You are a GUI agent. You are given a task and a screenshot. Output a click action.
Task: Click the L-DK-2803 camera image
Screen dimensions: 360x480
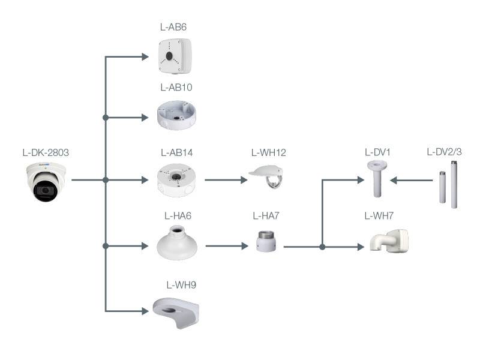pos(46,182)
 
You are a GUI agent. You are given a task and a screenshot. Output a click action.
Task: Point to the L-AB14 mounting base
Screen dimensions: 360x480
pos(176,179)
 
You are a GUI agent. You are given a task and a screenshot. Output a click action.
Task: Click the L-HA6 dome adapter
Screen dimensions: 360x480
pos(177,242)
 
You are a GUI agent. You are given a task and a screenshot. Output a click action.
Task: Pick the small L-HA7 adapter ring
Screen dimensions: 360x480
pos(265,241)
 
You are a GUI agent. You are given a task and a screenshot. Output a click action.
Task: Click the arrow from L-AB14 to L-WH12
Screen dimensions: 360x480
pos(227,179)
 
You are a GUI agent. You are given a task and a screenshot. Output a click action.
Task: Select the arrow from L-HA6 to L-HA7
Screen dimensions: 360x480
pos(227,245)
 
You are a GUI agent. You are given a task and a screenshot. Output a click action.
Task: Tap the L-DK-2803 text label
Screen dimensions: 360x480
pos(45,152)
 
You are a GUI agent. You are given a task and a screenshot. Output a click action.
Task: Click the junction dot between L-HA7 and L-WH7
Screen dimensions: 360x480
pos(323,247)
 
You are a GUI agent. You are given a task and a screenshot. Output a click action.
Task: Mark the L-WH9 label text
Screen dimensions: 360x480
pos(181,284)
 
